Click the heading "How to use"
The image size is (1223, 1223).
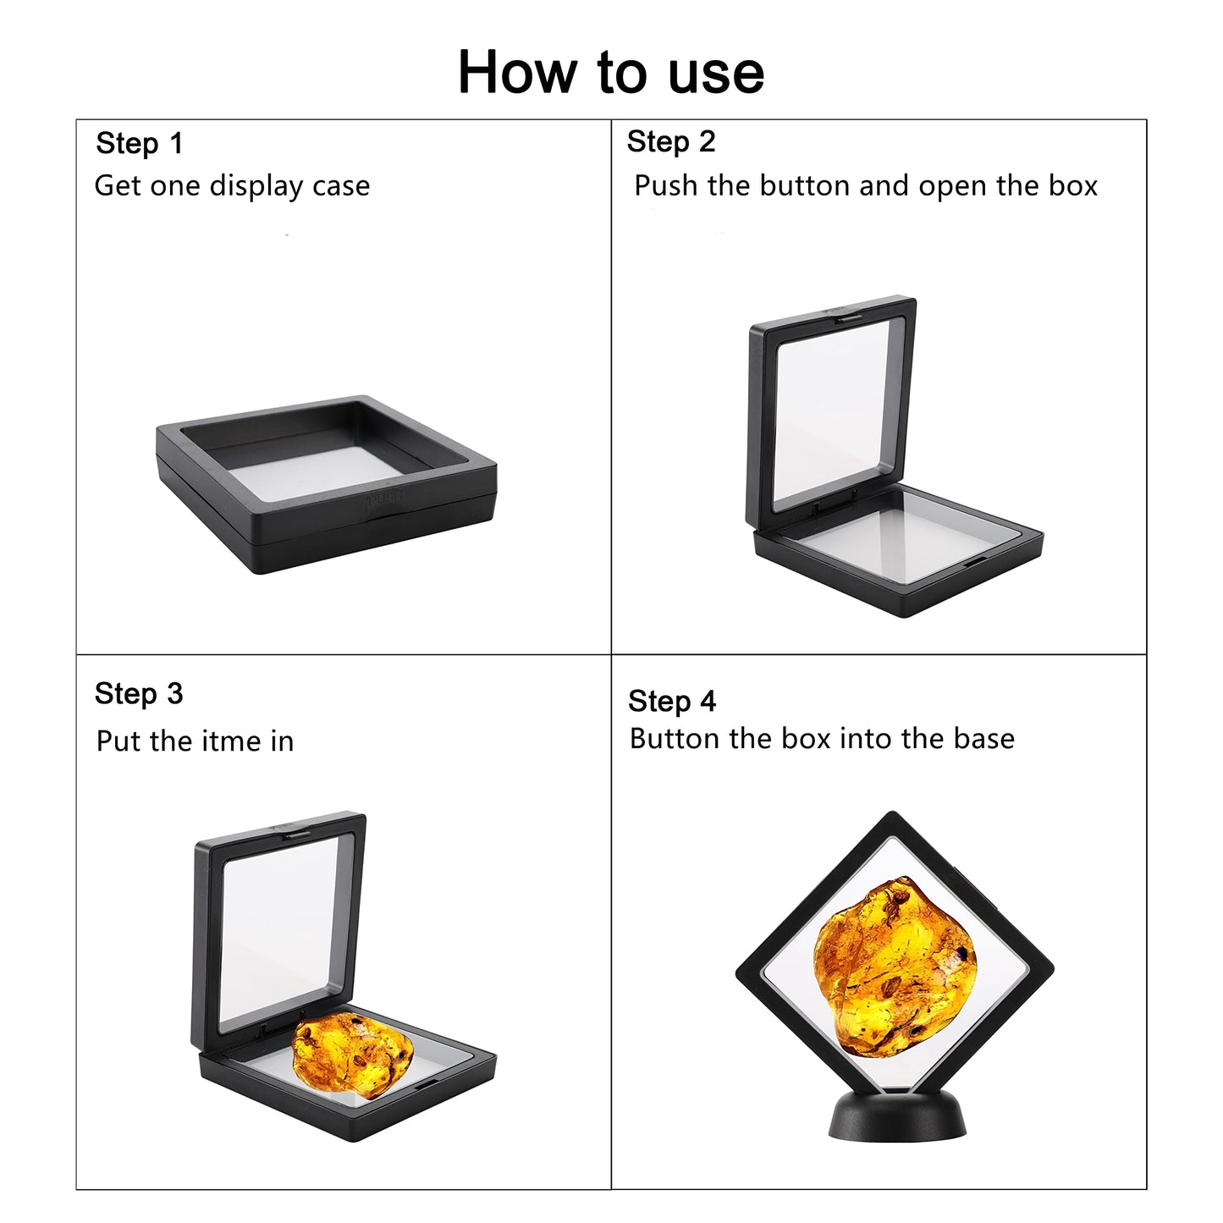tap(611, 72)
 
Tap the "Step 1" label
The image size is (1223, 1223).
tap(140, 143)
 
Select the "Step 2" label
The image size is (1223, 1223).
tap(671, 141)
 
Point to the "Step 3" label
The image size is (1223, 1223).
tap(139, 694)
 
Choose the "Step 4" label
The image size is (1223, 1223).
tap(672, 702)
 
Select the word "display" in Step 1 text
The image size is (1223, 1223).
tap(256, 186)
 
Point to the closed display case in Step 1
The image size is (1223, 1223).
tap(326, 485)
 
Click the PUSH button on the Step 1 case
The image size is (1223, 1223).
tap(385, 499)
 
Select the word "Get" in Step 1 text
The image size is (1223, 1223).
tap(118, 186)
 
